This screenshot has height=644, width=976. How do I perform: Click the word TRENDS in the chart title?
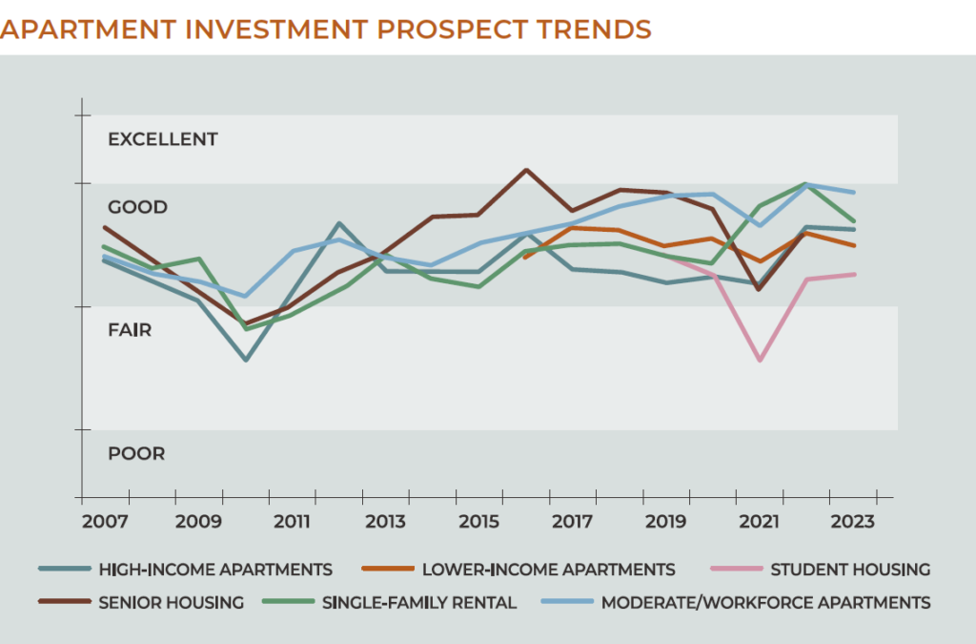[587, 30]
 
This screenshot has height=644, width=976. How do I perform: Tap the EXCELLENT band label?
[163, 139]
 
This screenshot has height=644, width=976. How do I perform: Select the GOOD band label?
[137, 207]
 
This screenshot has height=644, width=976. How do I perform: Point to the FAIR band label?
[130, 330]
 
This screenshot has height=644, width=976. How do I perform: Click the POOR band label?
[136, 454]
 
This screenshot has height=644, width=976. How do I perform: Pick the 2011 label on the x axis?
[292, 522]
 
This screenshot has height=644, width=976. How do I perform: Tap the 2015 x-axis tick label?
[479, 522]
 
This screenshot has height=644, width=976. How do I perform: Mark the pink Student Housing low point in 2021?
[760, 360]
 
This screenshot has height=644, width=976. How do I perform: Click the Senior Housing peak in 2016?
[526, 170]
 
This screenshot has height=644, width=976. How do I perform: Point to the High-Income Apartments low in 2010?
[245, 360]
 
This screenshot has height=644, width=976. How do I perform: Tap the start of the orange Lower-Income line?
[525, 258]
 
